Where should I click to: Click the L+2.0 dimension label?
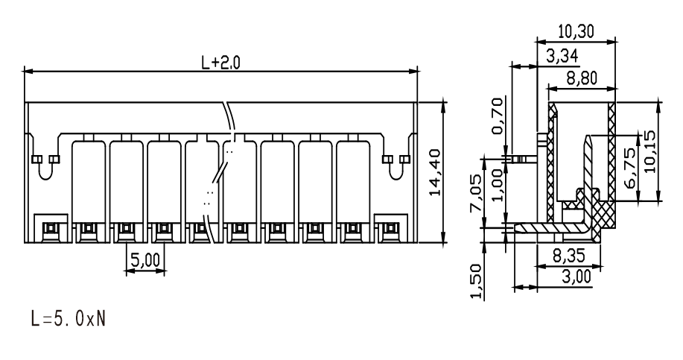[220, 63]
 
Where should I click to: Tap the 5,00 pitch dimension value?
[145, 261]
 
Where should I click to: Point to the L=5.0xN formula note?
[69, 318]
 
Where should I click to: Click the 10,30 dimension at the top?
[576, 31]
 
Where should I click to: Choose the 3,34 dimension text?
[562, 56]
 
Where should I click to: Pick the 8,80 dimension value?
[582, 78]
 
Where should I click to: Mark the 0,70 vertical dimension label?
[497, 116]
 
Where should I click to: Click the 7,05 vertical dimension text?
[476, 193]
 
